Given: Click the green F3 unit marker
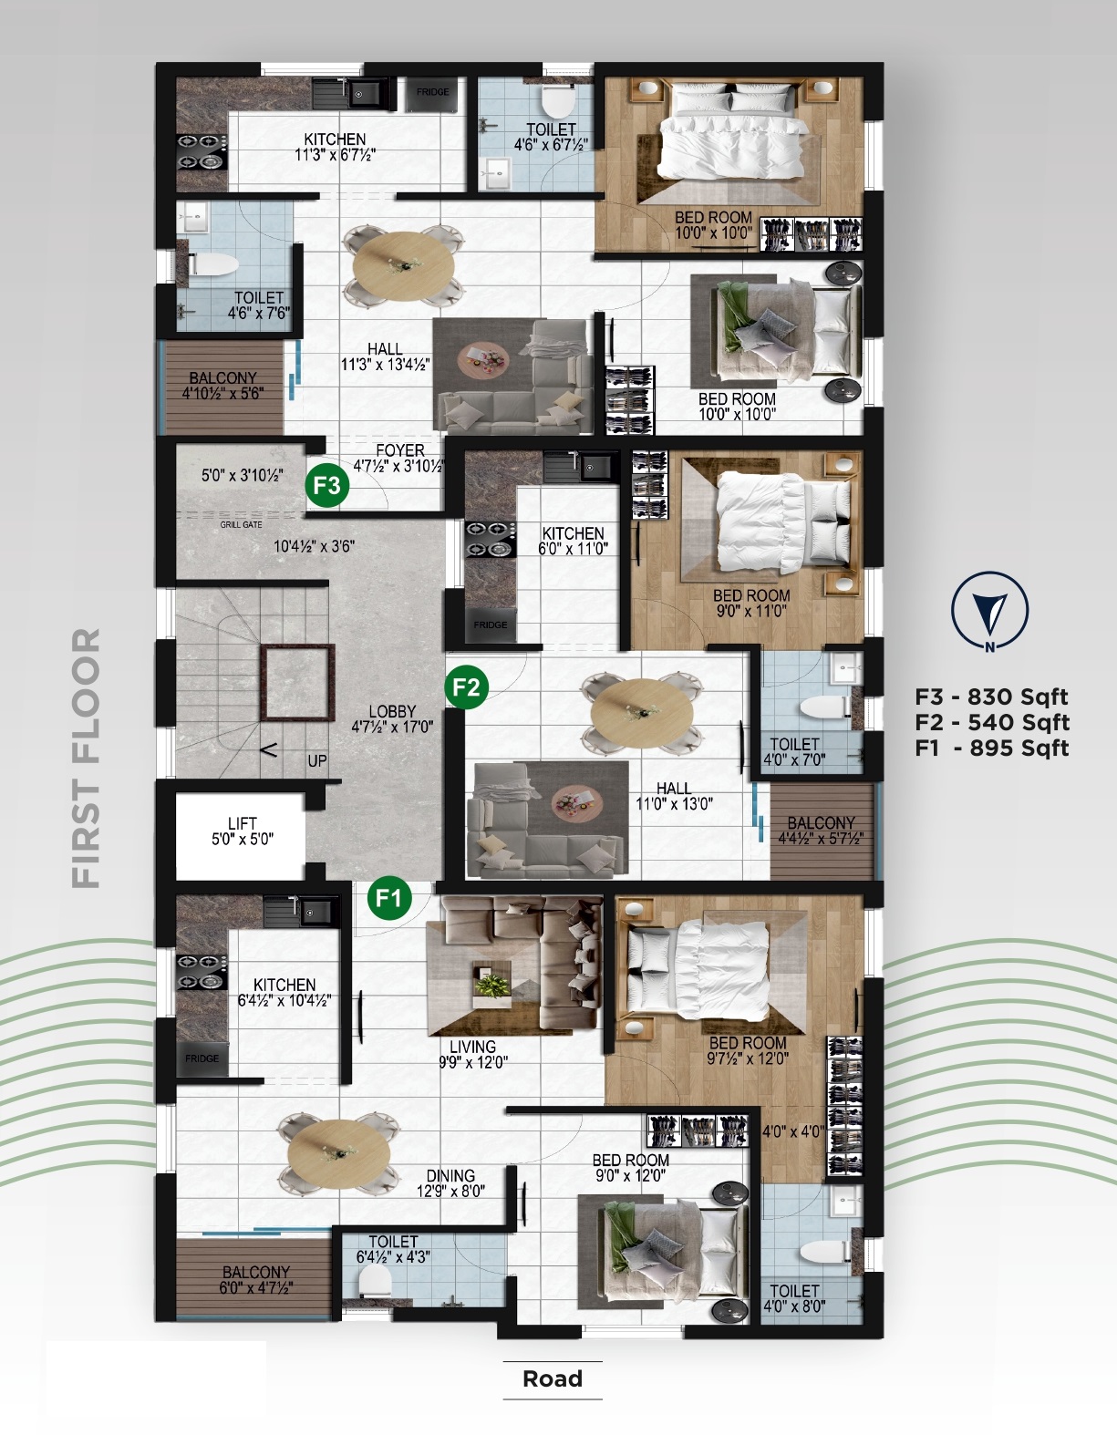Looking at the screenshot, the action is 326,485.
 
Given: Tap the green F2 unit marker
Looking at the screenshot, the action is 467,687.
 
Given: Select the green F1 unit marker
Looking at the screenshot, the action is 389,898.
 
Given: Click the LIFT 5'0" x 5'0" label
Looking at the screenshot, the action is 243,831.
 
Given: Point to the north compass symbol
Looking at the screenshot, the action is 989,610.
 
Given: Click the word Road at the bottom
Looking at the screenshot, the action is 553,1378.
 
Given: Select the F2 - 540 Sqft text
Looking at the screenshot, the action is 992,722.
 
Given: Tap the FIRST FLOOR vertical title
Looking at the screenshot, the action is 87,759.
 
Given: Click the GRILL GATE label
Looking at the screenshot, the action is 241,525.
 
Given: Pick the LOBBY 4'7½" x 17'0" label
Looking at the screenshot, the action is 392,719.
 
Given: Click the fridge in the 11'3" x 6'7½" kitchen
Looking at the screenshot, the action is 432,93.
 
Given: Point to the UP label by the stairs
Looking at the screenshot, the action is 317,760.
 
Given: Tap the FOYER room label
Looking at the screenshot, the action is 400,450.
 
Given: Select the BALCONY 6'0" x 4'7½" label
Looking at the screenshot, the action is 256,1279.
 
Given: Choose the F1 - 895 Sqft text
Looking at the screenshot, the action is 992,748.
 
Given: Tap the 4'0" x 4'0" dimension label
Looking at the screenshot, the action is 793,1131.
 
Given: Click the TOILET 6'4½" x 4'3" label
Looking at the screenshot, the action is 393,1249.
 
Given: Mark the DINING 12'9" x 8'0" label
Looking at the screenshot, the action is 450,1182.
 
